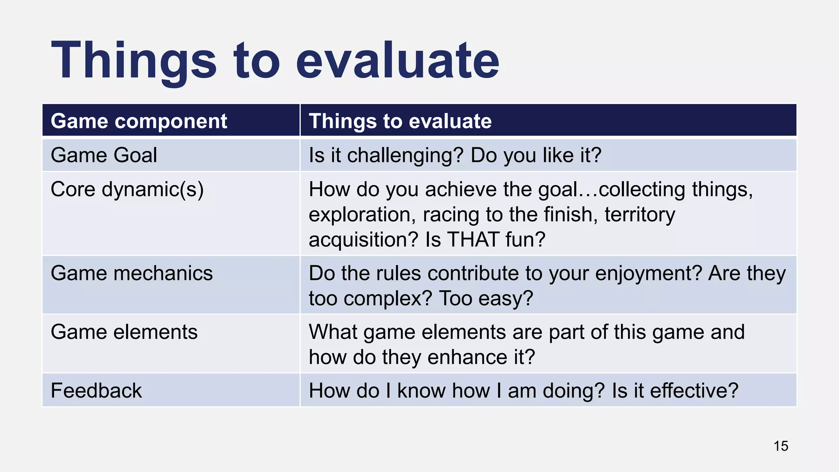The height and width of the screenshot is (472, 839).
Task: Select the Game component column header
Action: coord(138,121)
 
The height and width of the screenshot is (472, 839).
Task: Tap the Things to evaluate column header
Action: coord(400,121)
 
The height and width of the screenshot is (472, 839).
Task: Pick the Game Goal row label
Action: coord(104,155)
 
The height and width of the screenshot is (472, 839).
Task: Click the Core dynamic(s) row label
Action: coord(127,190)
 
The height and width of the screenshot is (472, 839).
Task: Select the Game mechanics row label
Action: coord(132,273)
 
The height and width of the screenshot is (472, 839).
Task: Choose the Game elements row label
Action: coord(124,332)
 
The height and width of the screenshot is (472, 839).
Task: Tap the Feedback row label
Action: coord(96,390)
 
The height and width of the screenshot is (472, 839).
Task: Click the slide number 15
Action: coord(781,446)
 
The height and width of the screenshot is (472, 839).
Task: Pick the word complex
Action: coord(388,299)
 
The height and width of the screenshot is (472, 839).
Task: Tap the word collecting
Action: coord(642,190)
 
